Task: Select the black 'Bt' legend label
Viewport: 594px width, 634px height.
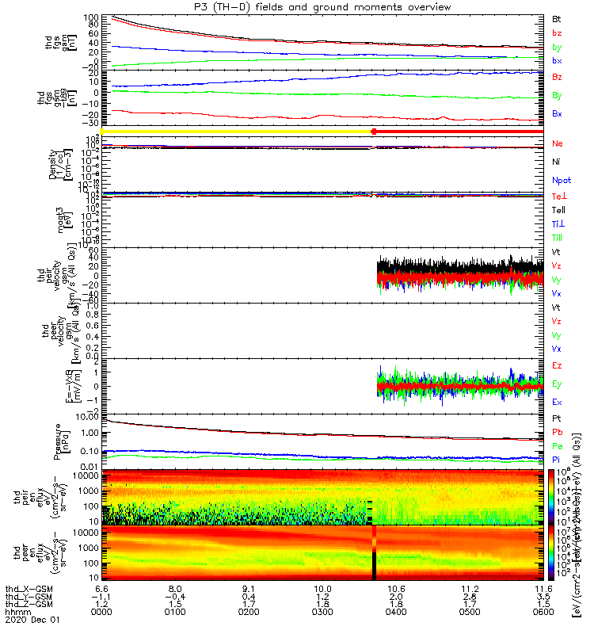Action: pyautogui.click(x=557, y=18)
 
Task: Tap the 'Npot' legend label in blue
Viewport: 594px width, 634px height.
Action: pyautogui.click(x=560, y=180)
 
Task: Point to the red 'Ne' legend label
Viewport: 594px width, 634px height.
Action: pyautogui.click(x=558, y=143)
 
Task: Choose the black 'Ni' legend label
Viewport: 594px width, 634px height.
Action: pyautogui.click(x=557, y=162)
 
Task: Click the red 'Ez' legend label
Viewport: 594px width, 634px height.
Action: pyautogui.click(x=558, y=366)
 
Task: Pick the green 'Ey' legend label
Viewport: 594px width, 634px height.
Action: pyautogui.click(x=558, y=384)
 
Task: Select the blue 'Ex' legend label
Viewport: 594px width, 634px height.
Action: pyautogui.click(x=558, y=403)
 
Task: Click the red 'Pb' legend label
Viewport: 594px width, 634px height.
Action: pyautogui.click(x=558, y=432)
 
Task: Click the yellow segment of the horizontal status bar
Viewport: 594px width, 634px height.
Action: pyautogui.click(x=238, y=131)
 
